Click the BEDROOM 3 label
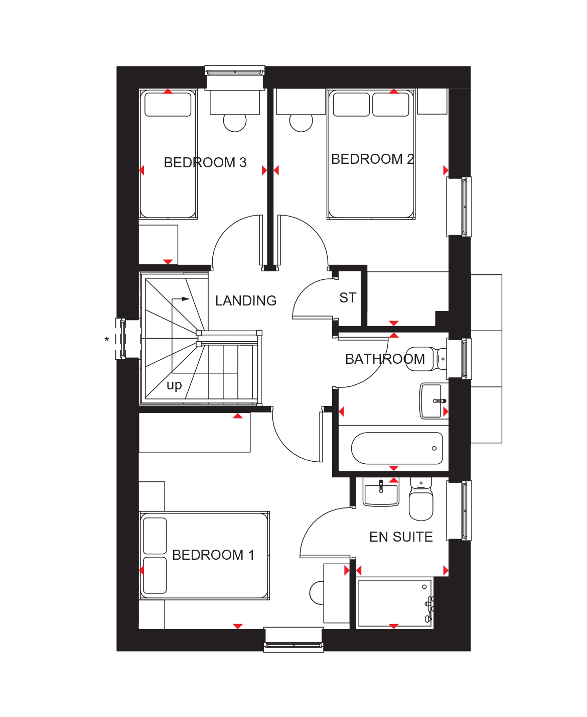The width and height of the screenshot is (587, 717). click(x=205, y=162)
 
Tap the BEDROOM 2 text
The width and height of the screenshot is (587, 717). click(x=372, y=159)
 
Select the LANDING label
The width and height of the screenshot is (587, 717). click(x=246, y=300)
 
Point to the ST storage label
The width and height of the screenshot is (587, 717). click(x=348, y=297)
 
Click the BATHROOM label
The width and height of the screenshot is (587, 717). click(x=385, y=359)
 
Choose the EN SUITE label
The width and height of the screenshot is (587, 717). click(x=401, y=537)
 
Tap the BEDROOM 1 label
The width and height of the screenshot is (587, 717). click(x=213, y=555)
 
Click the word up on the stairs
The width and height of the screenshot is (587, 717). click(x=174, y=386)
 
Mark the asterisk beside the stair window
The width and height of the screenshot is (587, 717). click(x=106, y=339)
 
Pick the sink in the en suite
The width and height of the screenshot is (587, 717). click(x=381, y=492)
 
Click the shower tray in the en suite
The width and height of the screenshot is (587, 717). click(x=395, y=603)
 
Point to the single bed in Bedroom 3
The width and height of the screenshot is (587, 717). click(x=168, y=154)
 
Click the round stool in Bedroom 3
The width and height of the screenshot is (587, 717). click(x=235, y=123)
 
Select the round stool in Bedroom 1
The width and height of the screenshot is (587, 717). click(x=317, y=593)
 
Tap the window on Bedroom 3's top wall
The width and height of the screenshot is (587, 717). click(x=235, y=72)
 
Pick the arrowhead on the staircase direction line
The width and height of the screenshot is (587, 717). click(x=186, y=299)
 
